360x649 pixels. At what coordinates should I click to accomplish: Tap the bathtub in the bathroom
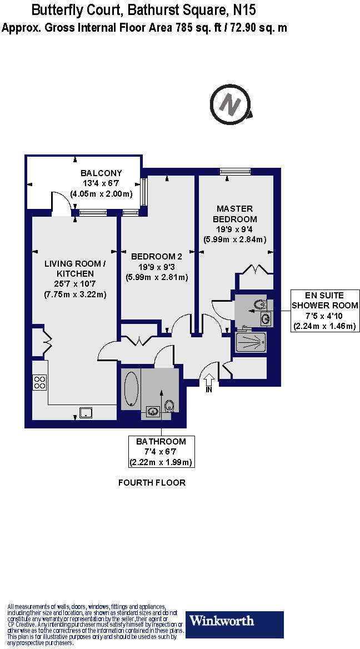coord(131,389)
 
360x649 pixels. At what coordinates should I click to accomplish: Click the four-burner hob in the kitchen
coord(40,382)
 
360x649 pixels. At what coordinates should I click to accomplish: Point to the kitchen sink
coord(86,412)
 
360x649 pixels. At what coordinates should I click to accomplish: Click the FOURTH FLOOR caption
coord(152,483)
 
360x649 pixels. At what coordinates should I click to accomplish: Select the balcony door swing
coord(60,201)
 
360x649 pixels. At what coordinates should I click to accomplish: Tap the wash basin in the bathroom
coord(152,411)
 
